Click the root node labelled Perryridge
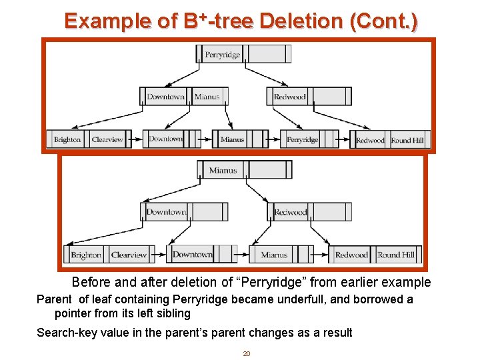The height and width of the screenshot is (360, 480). point(223,54)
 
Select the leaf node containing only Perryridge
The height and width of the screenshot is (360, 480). point(302,139)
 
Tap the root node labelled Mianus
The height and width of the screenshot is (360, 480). point(223,170)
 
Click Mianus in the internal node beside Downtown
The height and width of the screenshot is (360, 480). point(207,97)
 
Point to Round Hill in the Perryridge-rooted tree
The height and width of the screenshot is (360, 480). point(407,140)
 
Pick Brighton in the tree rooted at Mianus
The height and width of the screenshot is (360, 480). point(86,255)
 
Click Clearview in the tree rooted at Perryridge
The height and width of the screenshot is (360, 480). point(107,139)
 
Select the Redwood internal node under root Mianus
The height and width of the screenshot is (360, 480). point(291,213)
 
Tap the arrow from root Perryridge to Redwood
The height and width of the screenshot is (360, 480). point(263,75)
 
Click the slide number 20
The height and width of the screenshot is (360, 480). point(246,353)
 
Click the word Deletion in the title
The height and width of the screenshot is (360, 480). point(301,21)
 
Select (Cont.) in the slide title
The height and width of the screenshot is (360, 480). point(383,21)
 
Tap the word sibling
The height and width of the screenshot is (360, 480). point(171,313)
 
